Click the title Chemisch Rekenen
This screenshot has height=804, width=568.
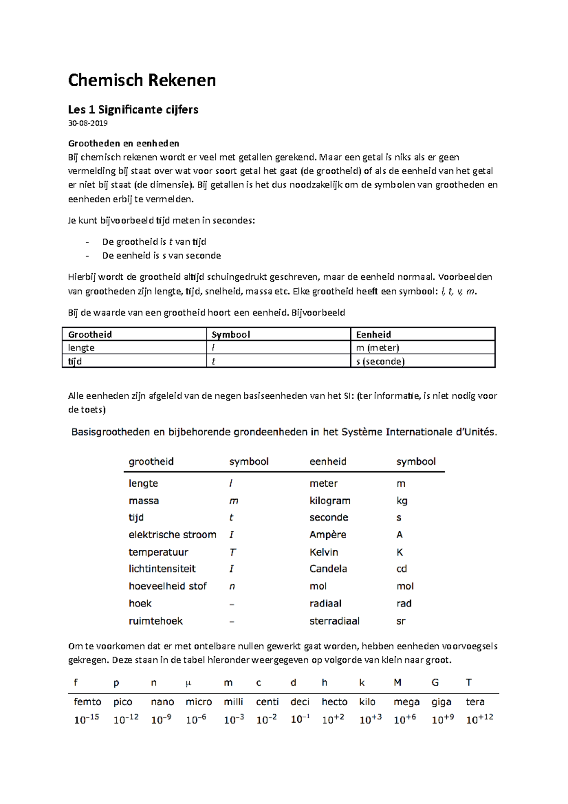142,80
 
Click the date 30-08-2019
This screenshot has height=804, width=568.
88,123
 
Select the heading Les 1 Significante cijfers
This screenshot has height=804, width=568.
133,109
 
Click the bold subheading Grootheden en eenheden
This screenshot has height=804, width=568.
124,143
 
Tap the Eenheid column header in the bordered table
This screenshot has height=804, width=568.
373,334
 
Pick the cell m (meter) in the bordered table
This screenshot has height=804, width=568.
377,348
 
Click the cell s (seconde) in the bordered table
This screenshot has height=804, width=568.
380,361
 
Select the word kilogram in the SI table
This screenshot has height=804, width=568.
330,500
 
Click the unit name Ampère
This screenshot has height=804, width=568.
328,535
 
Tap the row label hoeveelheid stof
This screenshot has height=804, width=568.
168,586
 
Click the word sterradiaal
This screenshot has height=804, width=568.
334,621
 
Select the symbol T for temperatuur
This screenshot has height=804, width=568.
232,552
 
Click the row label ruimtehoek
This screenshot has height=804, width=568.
155,621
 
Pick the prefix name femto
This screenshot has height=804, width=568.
88,702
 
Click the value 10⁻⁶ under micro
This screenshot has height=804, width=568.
196,720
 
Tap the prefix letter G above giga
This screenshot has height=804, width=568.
435,682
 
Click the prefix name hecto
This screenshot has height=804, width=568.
334,702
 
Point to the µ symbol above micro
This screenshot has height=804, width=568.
188,683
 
